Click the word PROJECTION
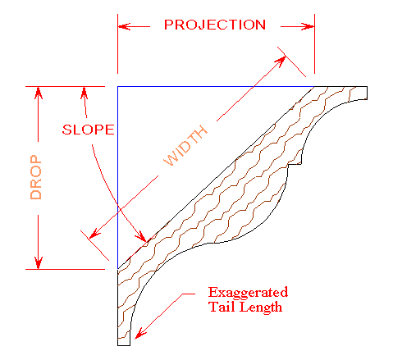(215, 25)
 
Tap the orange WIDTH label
(185, 145)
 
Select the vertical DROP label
(36, 177)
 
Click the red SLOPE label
(88, 130)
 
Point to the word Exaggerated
(248, 293)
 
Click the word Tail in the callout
(222, 307)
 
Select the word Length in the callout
(261, 308)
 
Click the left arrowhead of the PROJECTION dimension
(124, 26)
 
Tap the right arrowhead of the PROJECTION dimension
(308, 26)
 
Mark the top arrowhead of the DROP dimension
(39, 93)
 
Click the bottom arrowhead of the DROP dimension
(39, 263)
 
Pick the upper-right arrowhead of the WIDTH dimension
(281, 61)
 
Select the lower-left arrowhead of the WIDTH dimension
(94, 234)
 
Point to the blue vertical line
(118, 178)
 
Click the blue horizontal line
(216, 87)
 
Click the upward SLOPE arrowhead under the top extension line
(85, 93)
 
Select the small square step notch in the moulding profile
(295, 161)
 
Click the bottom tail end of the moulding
(124, 345)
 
